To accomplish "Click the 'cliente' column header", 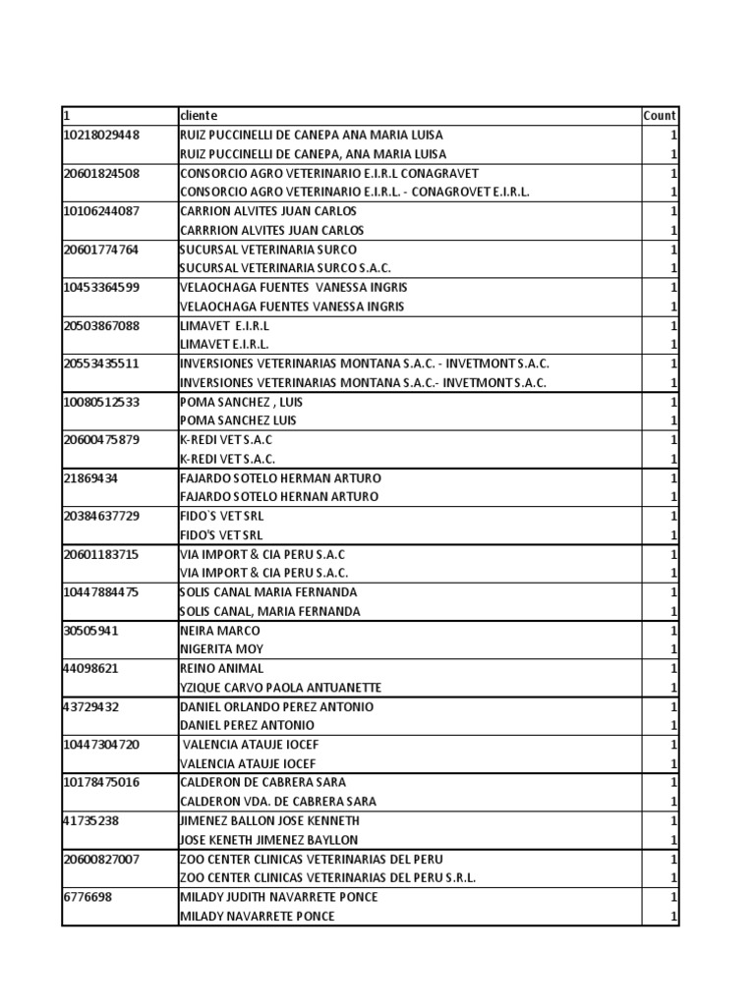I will pyautogui.click(x=199, y=116).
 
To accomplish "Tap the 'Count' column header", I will pyautogui.click(x=659, y=116).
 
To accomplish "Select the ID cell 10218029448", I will pyautogui.click(x=101, y=135).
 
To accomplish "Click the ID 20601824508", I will pyautogui.click(x=101, y=173).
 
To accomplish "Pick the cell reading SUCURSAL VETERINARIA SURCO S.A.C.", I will pyautogui.click(x=285, y=268).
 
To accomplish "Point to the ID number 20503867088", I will pyautogui.click(x=101, y=325).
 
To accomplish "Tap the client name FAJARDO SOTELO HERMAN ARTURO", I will pyautogui.click(x=280, y=477).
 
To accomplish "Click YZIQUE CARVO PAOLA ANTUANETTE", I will pyautogui.click(x=280, y=688).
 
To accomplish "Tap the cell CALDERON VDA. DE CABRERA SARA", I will pyautogui.click(x=276, y=802).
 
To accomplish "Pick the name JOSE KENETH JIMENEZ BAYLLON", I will pyautogui.click(x=268, y=840).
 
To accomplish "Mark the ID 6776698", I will pyautogui.click(x=87, y=897).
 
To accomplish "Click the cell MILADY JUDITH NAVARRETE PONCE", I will pyautogui.click(x=278, y=897).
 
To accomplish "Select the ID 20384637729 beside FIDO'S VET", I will pyautogui.click(x=101, y=516).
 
